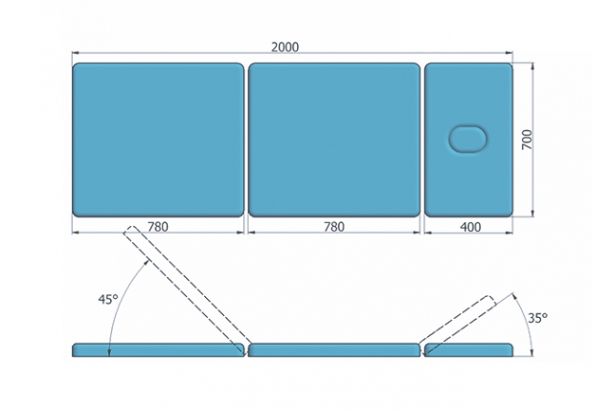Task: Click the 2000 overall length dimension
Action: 285,47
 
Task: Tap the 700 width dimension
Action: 527,140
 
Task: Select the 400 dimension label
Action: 470,227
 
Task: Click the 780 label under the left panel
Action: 158,227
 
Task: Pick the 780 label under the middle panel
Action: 334,227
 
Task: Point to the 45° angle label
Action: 108,300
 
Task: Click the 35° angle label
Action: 537,318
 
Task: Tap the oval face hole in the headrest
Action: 468,139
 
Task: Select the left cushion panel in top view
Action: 158,140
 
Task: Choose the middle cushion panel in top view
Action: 334,140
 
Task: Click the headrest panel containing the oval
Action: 468,140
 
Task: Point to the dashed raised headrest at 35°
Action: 457,324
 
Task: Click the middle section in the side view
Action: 334,350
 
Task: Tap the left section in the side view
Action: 158,350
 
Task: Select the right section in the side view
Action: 468,350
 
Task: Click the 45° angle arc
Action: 120,299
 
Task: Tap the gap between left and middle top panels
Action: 246,140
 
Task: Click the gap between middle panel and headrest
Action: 422,140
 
